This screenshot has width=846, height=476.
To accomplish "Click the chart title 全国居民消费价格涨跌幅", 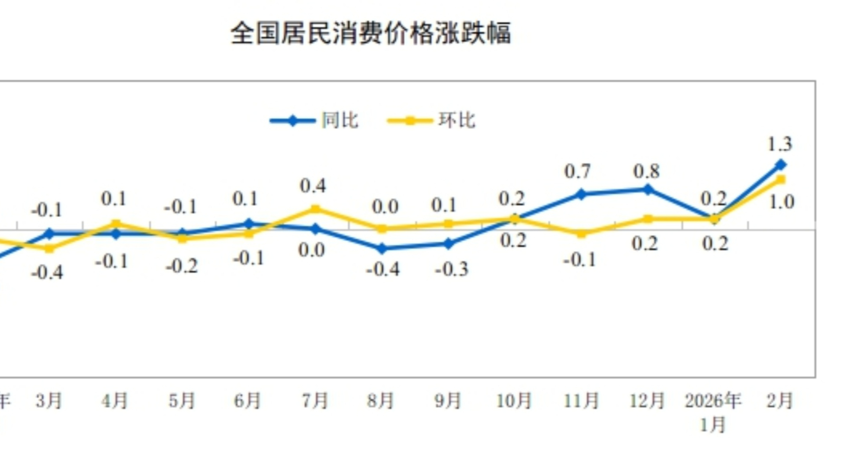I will (371, 33).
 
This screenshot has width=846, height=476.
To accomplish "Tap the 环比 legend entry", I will (431, 121).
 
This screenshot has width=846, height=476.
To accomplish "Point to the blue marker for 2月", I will (781, 165).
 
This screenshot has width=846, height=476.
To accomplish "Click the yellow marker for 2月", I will (781, 180).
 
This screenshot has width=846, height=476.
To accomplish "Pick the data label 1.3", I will (780, 144).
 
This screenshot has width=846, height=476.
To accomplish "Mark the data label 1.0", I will (781, 202).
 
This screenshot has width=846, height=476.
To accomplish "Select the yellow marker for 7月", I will (315, 209).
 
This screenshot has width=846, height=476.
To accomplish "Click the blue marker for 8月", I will (382, 248).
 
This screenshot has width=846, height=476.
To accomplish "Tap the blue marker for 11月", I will (581, 194).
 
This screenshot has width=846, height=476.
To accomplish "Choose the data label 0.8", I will (647, 172).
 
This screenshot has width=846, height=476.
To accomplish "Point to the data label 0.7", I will (578, 172).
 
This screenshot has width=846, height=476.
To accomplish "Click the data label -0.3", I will (452, 270).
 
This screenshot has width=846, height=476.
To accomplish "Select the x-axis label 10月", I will (514, 401).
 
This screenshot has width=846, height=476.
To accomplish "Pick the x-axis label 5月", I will (182, 401).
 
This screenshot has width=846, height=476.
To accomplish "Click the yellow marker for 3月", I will (49, 248).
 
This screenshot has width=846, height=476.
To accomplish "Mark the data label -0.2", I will (182, 267).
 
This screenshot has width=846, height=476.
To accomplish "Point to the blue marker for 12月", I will (648, 190).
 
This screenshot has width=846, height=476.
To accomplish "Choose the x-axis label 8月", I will (381, 401).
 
